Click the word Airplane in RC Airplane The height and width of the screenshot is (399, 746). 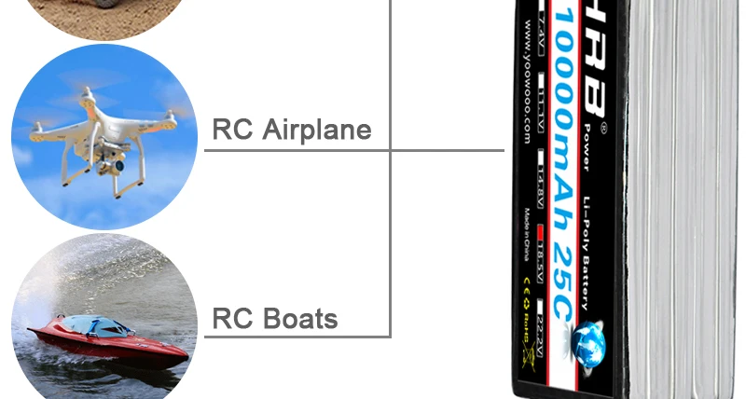(316, 130)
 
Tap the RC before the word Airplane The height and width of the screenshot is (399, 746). (233, 130)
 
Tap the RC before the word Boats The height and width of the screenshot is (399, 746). (233, 320)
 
